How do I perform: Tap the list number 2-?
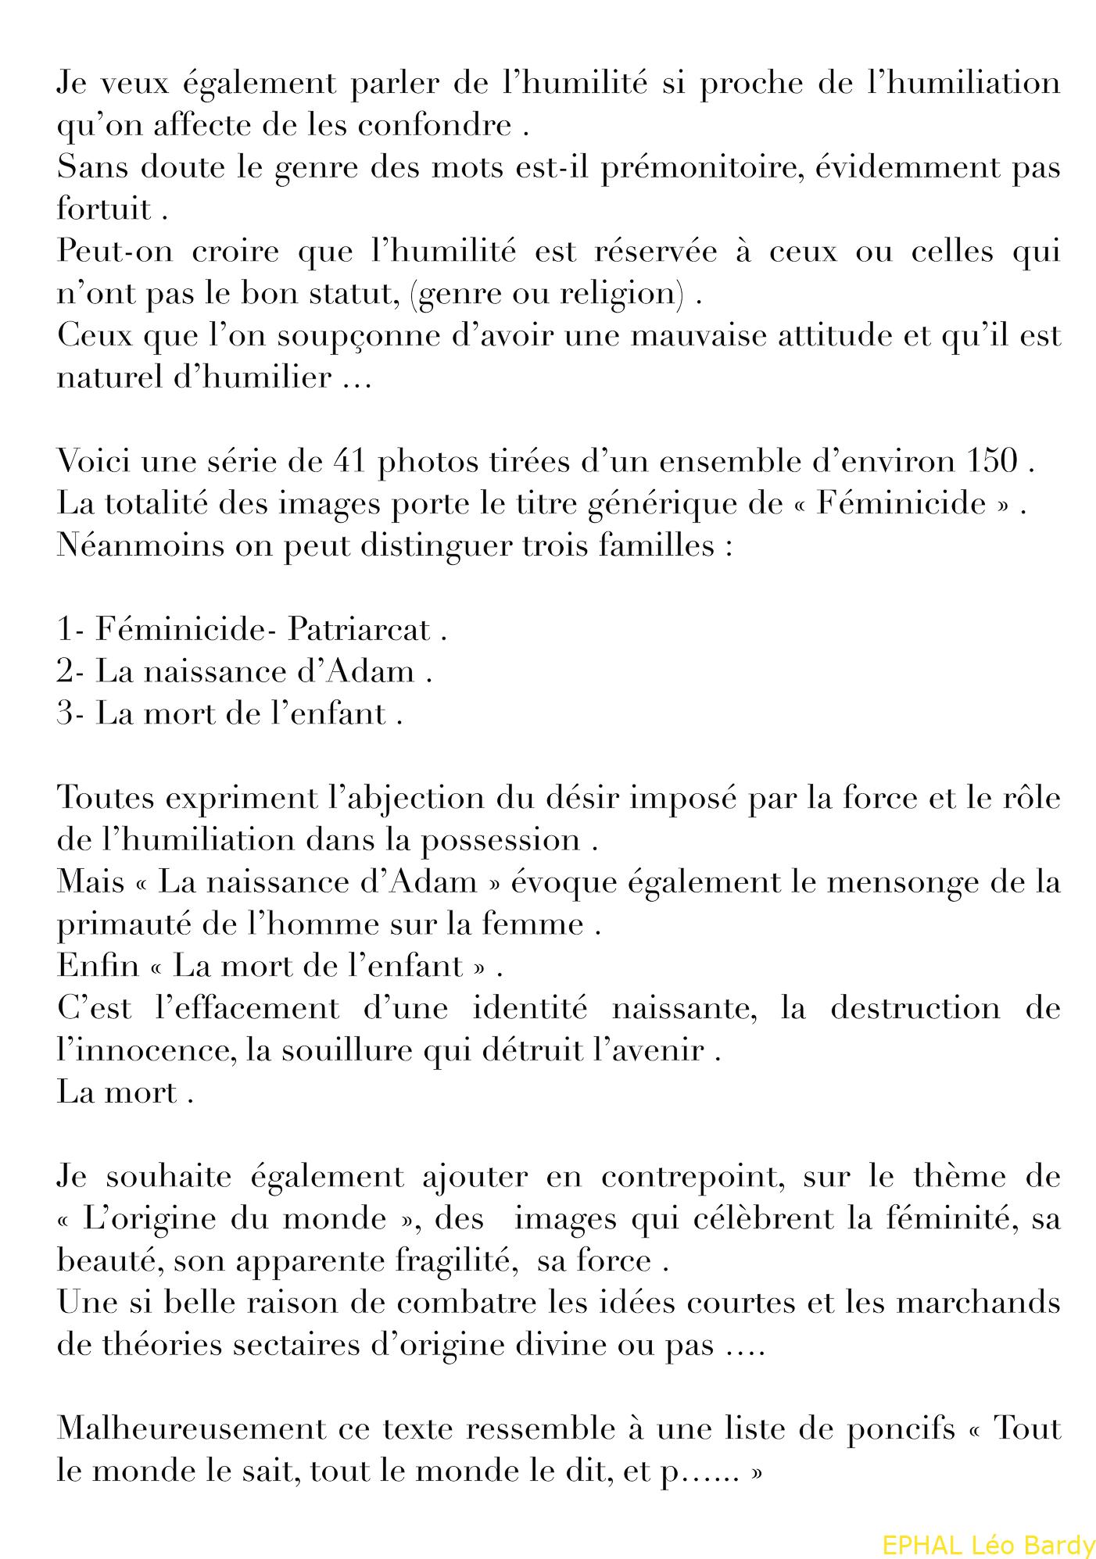pyautogui.click(x=70, y=671)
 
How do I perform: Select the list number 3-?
pyautogui.click(x=70, y=713)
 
